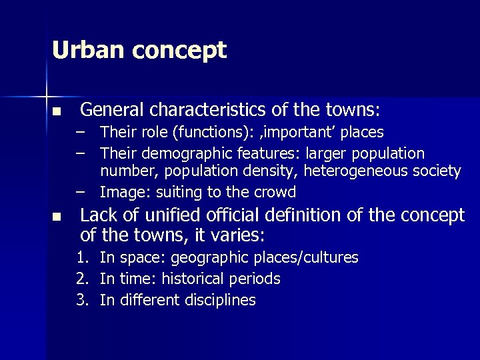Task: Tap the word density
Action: (x=267, y=172)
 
